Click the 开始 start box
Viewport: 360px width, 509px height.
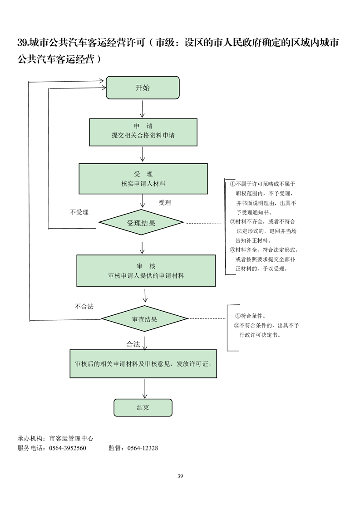(x=143, y=88)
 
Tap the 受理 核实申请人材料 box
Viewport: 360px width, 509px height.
(x=143, y=179)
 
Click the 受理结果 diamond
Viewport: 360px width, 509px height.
(x=141, y=223)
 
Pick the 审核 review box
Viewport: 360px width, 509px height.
(x=146, y=271)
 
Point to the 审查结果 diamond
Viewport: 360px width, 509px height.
(x=144, y=319)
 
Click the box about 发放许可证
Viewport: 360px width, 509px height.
(x=143, y=364)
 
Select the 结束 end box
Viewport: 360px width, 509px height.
(x=143, y=407)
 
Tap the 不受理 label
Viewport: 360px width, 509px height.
(x=79, y=212)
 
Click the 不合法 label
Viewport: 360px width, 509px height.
(x=84, y=307)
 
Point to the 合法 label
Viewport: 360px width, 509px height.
(x=133, y=344)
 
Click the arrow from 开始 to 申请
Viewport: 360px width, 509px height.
(x=143, y=109)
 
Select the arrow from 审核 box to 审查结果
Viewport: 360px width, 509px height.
(x=145, y=296)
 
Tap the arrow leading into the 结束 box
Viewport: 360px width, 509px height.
(x=145, y=389)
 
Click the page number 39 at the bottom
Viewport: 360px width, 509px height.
(x=180, y=476)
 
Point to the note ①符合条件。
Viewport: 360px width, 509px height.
(x=251, y=316)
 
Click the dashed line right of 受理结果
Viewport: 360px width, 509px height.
(x=204, y=224)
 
